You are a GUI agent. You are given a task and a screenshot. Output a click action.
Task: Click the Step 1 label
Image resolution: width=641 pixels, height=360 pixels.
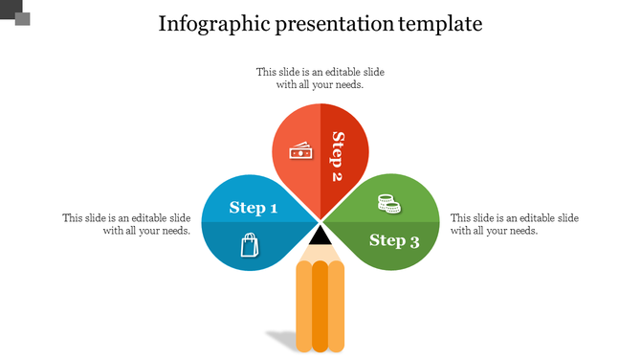(254, 208)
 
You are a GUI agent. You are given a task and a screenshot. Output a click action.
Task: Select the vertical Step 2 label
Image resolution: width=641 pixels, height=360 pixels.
(337, 156)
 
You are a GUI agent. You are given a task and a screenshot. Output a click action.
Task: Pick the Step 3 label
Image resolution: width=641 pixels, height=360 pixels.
(394, 240)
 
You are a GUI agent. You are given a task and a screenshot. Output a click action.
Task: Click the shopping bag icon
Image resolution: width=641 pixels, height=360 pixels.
(250, 246)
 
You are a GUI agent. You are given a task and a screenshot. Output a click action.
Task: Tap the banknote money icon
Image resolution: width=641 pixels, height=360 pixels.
(301, 152)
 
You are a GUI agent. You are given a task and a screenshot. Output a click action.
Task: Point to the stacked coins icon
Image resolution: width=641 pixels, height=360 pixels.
(387, 203)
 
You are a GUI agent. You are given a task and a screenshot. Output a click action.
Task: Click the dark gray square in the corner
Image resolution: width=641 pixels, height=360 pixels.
(22, 18)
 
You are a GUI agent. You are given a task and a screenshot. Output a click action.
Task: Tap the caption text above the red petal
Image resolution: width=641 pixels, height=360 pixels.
(320, 78)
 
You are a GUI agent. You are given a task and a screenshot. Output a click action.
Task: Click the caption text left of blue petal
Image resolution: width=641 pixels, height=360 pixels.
(126, 224)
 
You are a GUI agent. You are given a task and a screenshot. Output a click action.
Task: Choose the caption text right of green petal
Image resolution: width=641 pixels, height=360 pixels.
(514, 224)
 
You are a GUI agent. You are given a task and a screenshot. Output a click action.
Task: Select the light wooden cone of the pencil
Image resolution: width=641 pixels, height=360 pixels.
(320, 252)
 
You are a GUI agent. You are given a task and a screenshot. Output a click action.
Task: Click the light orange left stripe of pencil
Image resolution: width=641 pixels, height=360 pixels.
(303, 306)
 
